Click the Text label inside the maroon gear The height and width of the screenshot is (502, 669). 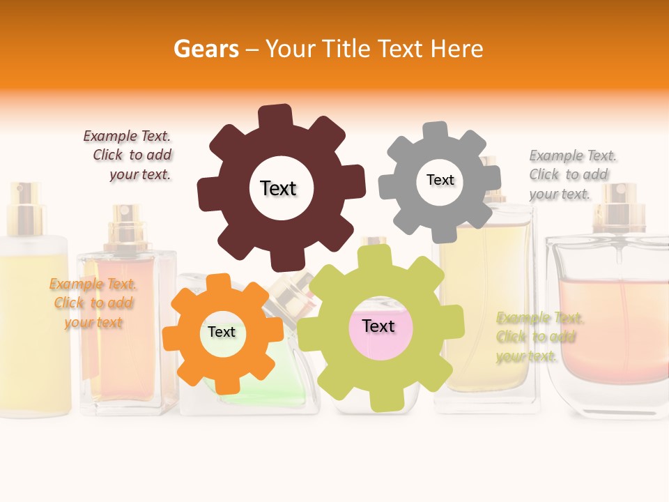point(278,188)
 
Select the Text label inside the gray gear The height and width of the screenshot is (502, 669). point(440,180)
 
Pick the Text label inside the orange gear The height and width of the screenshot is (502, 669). point(222,332)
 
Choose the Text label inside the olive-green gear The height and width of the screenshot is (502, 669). point(378,326)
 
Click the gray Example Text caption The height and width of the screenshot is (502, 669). point(571,174)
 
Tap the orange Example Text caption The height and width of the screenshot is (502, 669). point(93,303)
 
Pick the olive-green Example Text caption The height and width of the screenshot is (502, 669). point(538,337)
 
